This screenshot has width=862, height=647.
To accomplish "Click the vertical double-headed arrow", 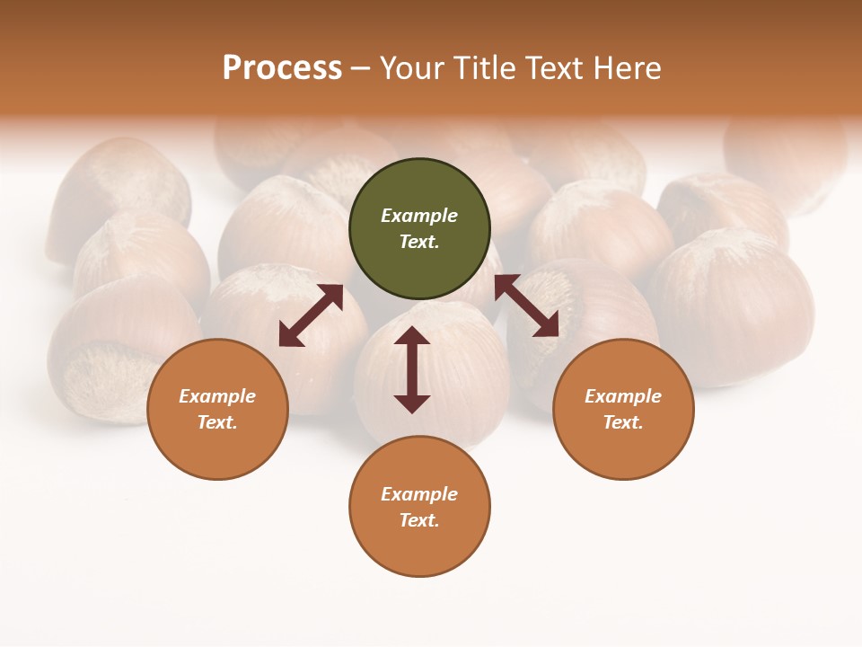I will point(412,369).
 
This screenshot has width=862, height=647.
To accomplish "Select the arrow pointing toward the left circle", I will point(311,315).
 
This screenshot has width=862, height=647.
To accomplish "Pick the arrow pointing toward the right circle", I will point(527,306).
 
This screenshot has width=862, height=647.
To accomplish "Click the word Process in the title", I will point(282,68).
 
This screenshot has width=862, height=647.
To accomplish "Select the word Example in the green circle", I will point(419,216).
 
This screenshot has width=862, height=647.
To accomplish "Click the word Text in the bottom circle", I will point(417,520).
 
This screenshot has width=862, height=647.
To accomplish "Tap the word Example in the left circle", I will point(217,396).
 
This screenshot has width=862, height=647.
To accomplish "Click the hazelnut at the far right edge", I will point(790,162).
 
